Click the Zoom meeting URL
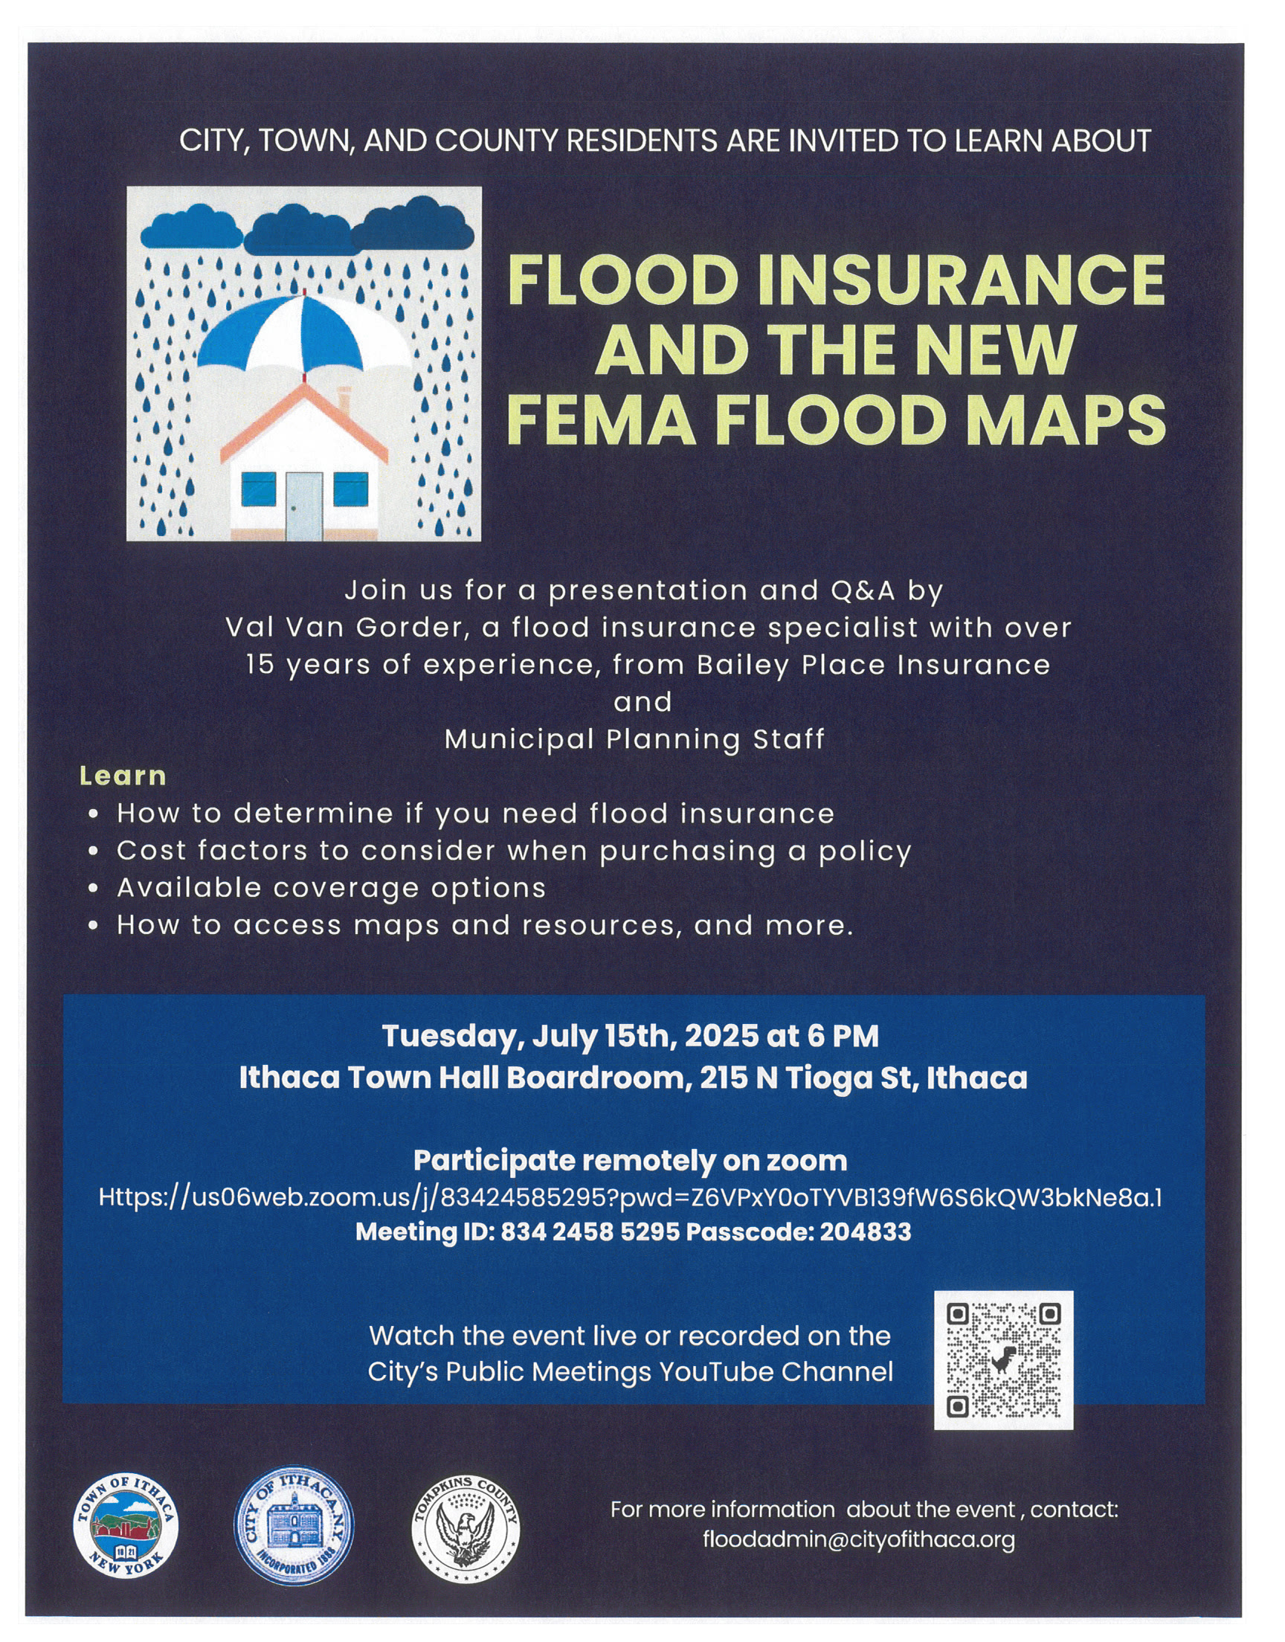tap(630, 1197)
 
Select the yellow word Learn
tap(123, 776)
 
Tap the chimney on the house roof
tap(344, 400)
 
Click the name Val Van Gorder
tap(344, 628)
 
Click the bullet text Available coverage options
tap(331, 889)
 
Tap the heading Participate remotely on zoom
tap(630, 1160)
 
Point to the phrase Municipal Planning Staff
tap(634, 739)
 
